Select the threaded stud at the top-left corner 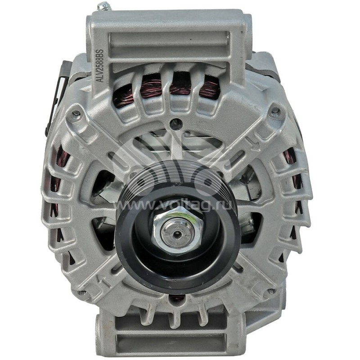(x=104, y=6)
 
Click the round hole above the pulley (x=176, y=121)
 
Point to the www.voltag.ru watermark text (x=180, y=205)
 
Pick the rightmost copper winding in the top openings (x=210, y=87)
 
